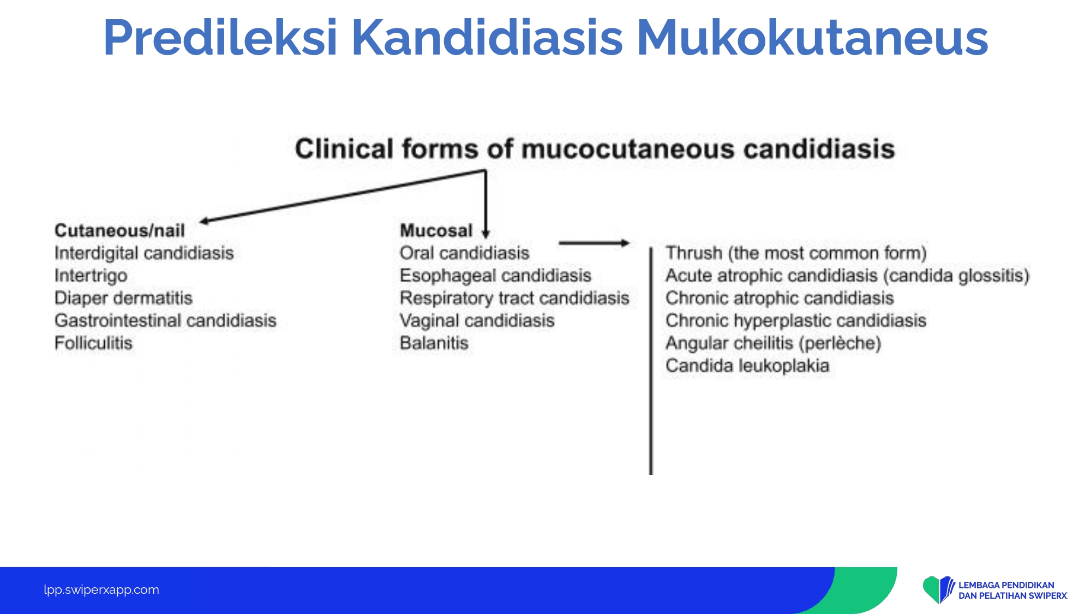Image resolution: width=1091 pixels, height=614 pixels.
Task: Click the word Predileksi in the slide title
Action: [220, 38]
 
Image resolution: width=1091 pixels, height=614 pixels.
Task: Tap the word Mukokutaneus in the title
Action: [812, 38]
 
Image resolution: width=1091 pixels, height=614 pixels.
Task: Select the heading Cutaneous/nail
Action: [119, 230]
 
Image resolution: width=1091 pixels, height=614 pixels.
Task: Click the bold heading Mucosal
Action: [436, 230]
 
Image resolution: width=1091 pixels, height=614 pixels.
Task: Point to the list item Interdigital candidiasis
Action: [144, 253]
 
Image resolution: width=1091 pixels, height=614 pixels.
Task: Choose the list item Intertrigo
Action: [91, 276]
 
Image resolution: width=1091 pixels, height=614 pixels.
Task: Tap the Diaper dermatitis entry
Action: [123, 298]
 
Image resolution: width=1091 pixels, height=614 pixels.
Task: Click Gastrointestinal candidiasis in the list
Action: [165, 320]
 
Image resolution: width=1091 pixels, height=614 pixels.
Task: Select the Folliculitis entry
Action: [93, 343]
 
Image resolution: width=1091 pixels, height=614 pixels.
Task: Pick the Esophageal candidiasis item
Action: [495, 276]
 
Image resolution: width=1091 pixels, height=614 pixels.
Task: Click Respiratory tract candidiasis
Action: [514, 298]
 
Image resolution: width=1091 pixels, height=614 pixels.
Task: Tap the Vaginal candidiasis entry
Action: [477, 320]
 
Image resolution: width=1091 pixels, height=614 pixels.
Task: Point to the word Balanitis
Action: [434, 343]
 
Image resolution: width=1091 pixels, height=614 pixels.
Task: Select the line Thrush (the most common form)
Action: [796, 253]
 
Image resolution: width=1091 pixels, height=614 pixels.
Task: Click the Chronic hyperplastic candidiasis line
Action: [796, 320]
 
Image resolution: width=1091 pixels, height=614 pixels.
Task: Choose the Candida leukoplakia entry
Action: [747, 365]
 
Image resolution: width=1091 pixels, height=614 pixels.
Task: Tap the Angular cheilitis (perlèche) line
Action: [773, 343]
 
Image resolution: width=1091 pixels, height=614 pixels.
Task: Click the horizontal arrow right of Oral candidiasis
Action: [595, 243]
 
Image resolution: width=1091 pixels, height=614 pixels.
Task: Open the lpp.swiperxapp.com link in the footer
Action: [101, 590]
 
